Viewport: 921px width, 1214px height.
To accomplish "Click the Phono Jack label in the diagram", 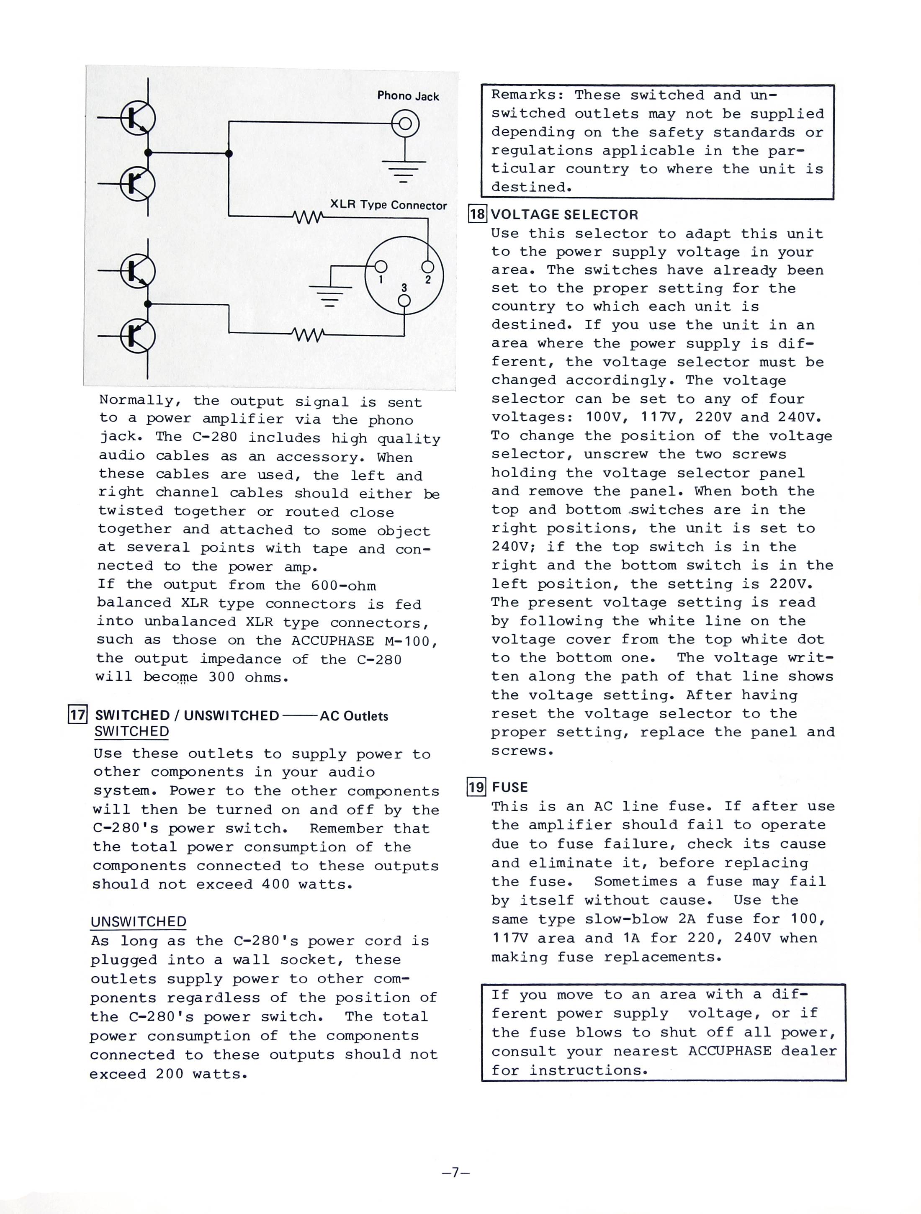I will pyautogui.click(x=408, y=96).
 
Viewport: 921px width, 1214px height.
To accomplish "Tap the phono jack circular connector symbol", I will pyautogui.click(x=405, y=123).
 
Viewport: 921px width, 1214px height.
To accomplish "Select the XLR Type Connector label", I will pyautogui.click(x=388, y=205).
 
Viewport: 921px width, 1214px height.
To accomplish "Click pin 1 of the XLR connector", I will pyautogui.click(x=380, y=267).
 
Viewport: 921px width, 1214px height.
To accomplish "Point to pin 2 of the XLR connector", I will pyautogui.click(x=427, y=267).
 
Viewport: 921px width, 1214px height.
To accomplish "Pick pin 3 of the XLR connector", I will pyautogui.click(x=404, y=300).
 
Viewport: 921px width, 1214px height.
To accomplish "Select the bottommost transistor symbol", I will pyautogui.click(x=138, y=335).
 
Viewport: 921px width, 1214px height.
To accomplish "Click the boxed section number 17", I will pyautogui.click(x=77, y=715).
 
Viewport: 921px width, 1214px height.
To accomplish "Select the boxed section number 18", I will pyautogui.click(x=477, y=213).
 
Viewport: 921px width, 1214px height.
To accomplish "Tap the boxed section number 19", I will pyautogui.click(x=476, y=787).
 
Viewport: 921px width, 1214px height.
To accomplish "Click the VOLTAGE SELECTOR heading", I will pyautogui.click(x=564, y=215).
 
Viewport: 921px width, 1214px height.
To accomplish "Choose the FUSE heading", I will pyautogui.click(x=510, y=787).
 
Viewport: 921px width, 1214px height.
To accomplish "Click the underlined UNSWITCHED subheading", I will pyautogui.click(x=138, y=921).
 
